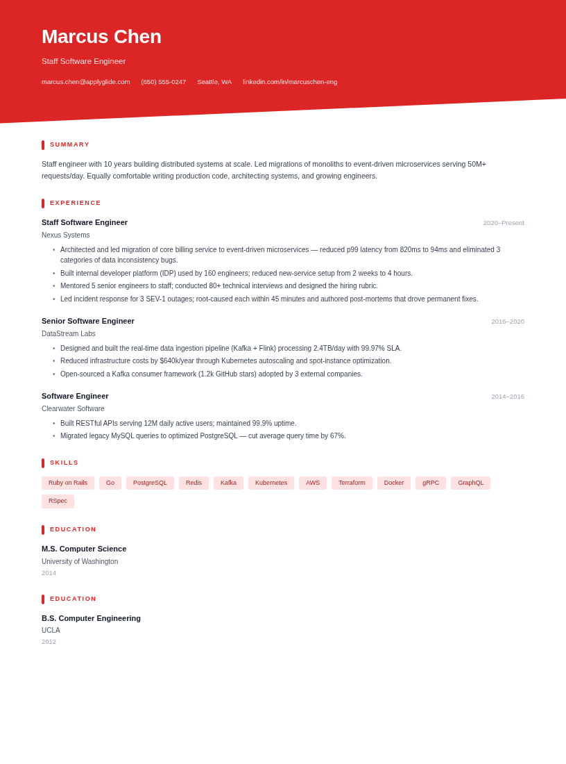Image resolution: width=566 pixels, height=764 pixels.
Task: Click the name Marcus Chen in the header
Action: tap(101, 37)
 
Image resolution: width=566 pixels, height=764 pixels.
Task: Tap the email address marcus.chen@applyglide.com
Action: tap(85, 82)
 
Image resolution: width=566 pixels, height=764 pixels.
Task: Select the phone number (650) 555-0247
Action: tap(164, 82)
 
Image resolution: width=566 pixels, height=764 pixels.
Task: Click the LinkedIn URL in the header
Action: tap(290, 82)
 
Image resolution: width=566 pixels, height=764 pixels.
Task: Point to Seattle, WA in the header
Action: tap(214, 82)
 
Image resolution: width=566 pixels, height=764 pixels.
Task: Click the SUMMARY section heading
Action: tap(69, 144)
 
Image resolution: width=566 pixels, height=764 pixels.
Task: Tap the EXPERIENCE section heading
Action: tap(75, 203)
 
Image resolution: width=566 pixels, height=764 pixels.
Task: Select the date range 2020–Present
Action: tap(504, 223)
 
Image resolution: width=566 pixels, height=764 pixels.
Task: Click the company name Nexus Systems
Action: tap(65, 235)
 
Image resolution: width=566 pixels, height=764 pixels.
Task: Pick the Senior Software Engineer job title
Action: tap(88, 321)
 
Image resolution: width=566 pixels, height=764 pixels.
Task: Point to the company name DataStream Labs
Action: tap(69, 334)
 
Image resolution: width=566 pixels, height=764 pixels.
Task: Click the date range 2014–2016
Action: tap(508, 397)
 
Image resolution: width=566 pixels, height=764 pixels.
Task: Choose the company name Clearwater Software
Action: tap(73, 409)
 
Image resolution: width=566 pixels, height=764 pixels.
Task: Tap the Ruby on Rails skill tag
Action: tap(68, 483)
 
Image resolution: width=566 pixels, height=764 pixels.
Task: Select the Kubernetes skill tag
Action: tap(271, 483)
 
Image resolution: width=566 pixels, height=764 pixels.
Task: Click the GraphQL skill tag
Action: tap(470, 483)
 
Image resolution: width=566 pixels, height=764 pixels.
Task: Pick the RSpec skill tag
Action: tap(58, 501)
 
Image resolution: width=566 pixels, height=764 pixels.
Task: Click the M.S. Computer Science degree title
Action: tap(84, 549)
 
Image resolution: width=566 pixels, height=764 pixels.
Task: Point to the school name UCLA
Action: tap(51, 631)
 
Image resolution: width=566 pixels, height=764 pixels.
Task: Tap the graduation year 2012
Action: tap(49, 642)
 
